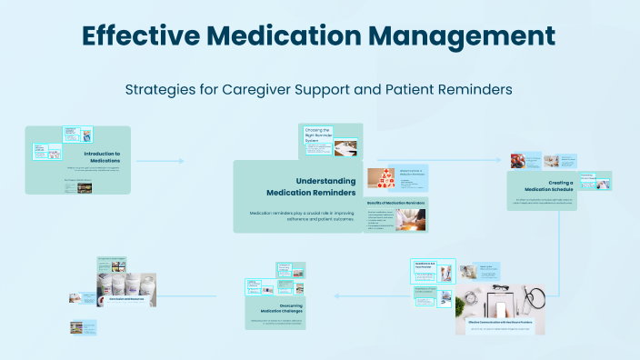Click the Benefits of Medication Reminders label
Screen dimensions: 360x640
pyautogui.click(x=395, y=202)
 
